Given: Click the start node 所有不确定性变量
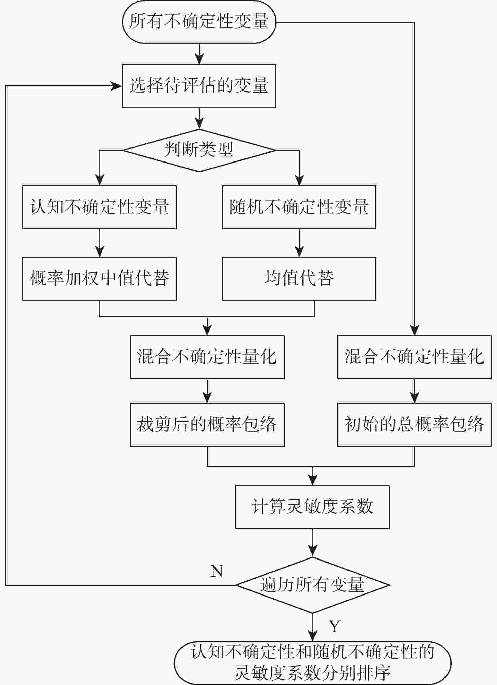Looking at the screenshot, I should tap(199, 22).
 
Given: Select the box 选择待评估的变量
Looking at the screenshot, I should tap(199, 86).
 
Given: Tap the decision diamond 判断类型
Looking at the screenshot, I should tap(199, 150).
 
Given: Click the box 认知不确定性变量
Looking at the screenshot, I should tap(99, 207).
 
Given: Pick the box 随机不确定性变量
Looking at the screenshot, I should tap(299, 207).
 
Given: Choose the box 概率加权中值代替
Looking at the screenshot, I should tap(99, 279).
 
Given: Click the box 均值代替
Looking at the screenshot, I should tap(299, 279).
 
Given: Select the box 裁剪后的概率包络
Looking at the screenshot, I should tap(207, 425).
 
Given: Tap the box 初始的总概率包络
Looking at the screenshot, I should tap(414, 425).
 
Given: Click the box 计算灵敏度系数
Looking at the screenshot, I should tap(312, 507).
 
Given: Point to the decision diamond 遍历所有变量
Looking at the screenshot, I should tap(312, 585).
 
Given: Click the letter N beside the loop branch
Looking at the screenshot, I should tap(217, 571).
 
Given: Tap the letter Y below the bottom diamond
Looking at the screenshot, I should tap(334, 626).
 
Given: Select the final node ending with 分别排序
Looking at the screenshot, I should tap(312, 663).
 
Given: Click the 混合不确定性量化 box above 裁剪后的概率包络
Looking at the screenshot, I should tap(207, 357).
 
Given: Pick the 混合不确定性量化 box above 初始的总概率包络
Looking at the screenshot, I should tap(414, 357).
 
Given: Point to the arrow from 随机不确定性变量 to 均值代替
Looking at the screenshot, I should tap(299, 244).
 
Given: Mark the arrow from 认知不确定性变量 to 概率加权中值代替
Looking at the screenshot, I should tap(99, 244).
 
